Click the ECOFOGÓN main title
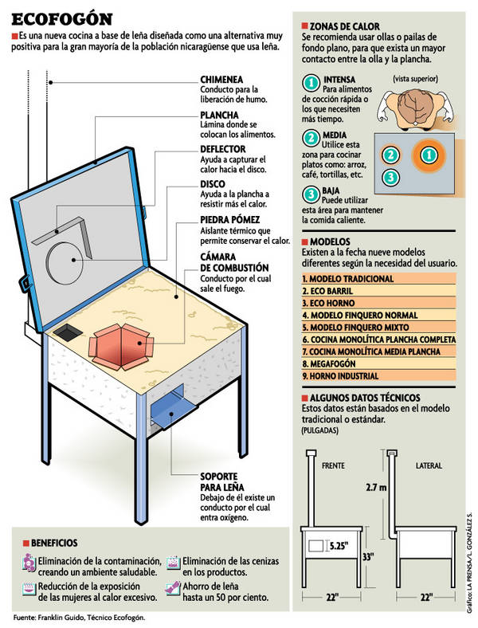pos(62,18)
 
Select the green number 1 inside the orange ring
pos(428,155)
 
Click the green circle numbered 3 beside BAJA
pos(311,195)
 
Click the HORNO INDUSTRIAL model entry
pos(340,375)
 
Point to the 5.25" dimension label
pos(339,547)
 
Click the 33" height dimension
pos(369,557)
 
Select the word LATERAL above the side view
pos(429,465)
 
